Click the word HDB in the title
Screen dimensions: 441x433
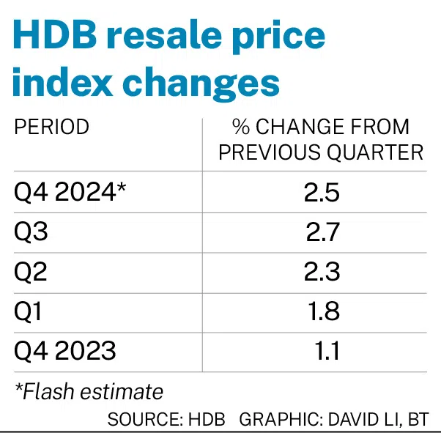55,34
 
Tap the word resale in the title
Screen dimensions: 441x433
164,34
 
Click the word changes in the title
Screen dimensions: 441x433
201,84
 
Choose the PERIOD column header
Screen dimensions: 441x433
52,127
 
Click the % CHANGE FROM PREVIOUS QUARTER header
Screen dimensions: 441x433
321,139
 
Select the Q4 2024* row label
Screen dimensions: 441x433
70,192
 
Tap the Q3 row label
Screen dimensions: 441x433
31,232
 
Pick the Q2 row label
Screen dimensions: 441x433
31,272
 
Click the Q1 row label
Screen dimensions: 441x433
28,311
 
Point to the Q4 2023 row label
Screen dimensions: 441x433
65,350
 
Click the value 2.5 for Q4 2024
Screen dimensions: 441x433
322,193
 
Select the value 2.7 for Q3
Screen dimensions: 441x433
323,232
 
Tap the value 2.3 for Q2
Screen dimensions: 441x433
322,272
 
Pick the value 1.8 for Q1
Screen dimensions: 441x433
324,311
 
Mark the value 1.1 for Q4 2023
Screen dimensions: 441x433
327,351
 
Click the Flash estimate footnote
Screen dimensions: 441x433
89,391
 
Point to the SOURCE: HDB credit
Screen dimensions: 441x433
166,420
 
